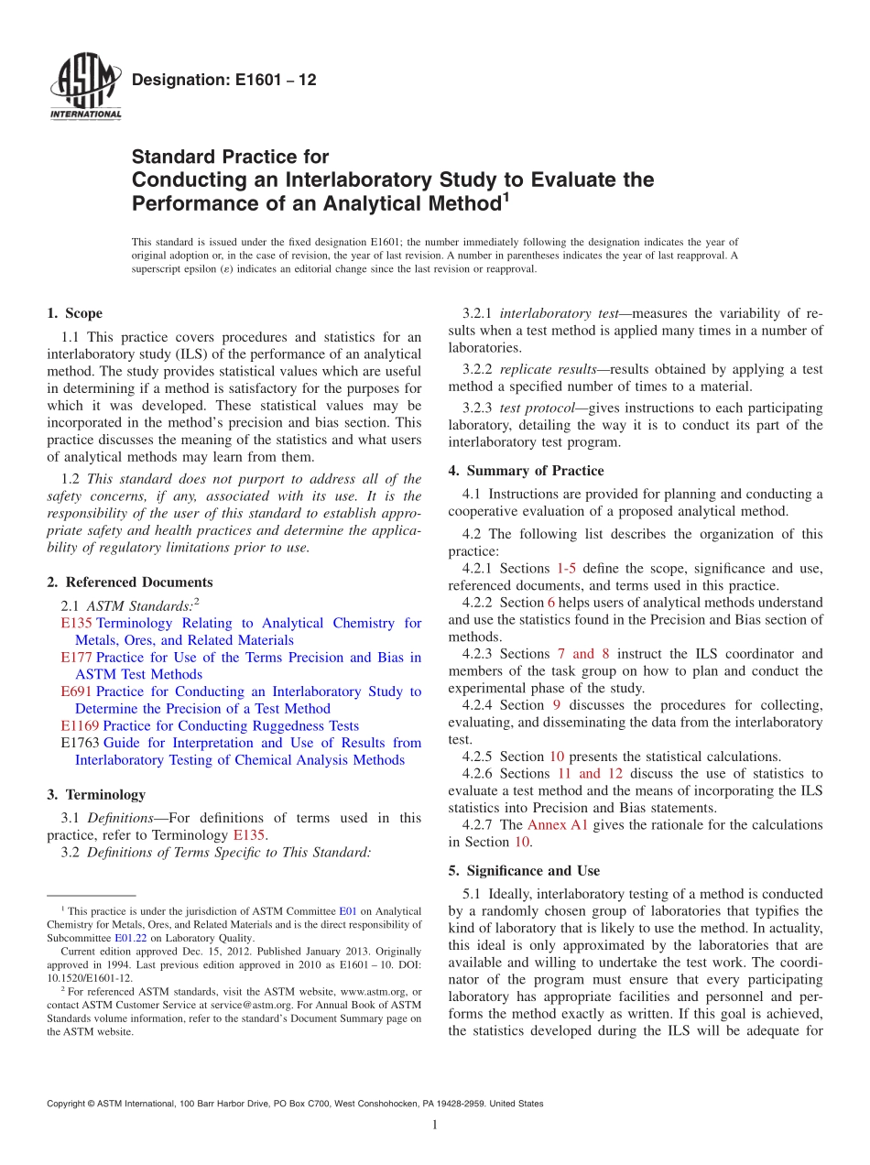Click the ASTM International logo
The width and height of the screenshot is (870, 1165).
click(x=84, y=88)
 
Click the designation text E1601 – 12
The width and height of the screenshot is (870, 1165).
click(x=224, y=81)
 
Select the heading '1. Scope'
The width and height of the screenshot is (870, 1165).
click(x=74, y=313)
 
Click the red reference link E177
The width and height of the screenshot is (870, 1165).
click(x=77, y=658)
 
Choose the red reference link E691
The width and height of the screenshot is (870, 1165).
click(x=77, y=691)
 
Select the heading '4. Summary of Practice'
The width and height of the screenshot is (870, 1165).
click(x=526, y=471)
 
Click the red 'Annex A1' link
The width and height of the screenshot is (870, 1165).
click(x=557, y=825)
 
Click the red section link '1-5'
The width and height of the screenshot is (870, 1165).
click(x=566, y=569)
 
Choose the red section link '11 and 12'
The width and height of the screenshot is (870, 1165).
click(x=589, y=774)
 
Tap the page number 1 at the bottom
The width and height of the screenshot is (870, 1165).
click(x=435, y=1126)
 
